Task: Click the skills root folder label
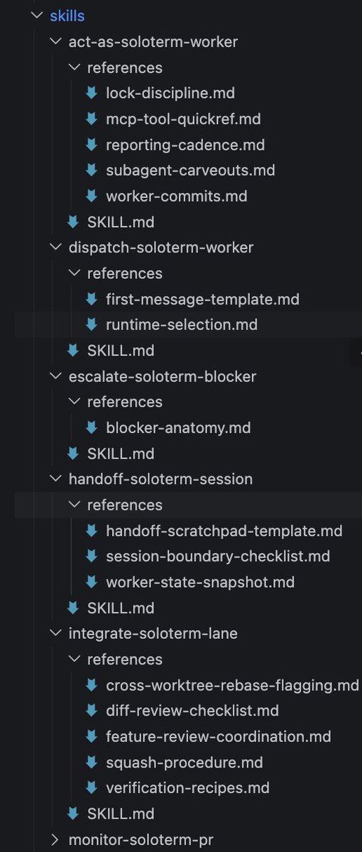[67, 16]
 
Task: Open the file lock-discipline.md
[170, 93]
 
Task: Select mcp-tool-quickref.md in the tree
[183, 119]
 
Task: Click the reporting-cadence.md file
[185, 145]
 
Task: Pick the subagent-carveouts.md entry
[190, 170]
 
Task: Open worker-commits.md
[177, 196]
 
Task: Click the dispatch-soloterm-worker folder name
[161, 248]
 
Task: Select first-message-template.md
[203, 300]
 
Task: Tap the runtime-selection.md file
[182, 325]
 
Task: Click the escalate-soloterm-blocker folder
[163, 376]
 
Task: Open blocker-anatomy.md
[178, 428]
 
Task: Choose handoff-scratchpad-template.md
[224, 531]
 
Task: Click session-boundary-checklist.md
[218, 557]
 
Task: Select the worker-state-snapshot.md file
[200, 582]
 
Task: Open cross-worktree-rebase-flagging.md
[232, 685]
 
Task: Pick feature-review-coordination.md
[219, 737]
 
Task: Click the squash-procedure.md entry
[185, 763]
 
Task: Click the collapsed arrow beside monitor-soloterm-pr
[55, 840]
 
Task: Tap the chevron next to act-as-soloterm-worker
[55, 41]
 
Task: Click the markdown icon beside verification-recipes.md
[92, 787]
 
